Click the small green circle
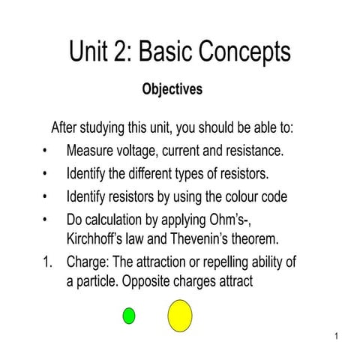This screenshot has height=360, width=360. [129, 316]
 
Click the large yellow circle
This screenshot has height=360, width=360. [179, 315]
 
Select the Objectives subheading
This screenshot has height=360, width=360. [172, 89]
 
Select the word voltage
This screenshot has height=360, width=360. [143, 151]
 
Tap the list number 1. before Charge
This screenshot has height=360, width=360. [48, 263]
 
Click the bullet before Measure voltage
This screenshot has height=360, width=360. [46, 151]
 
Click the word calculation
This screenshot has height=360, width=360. [124, 221]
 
